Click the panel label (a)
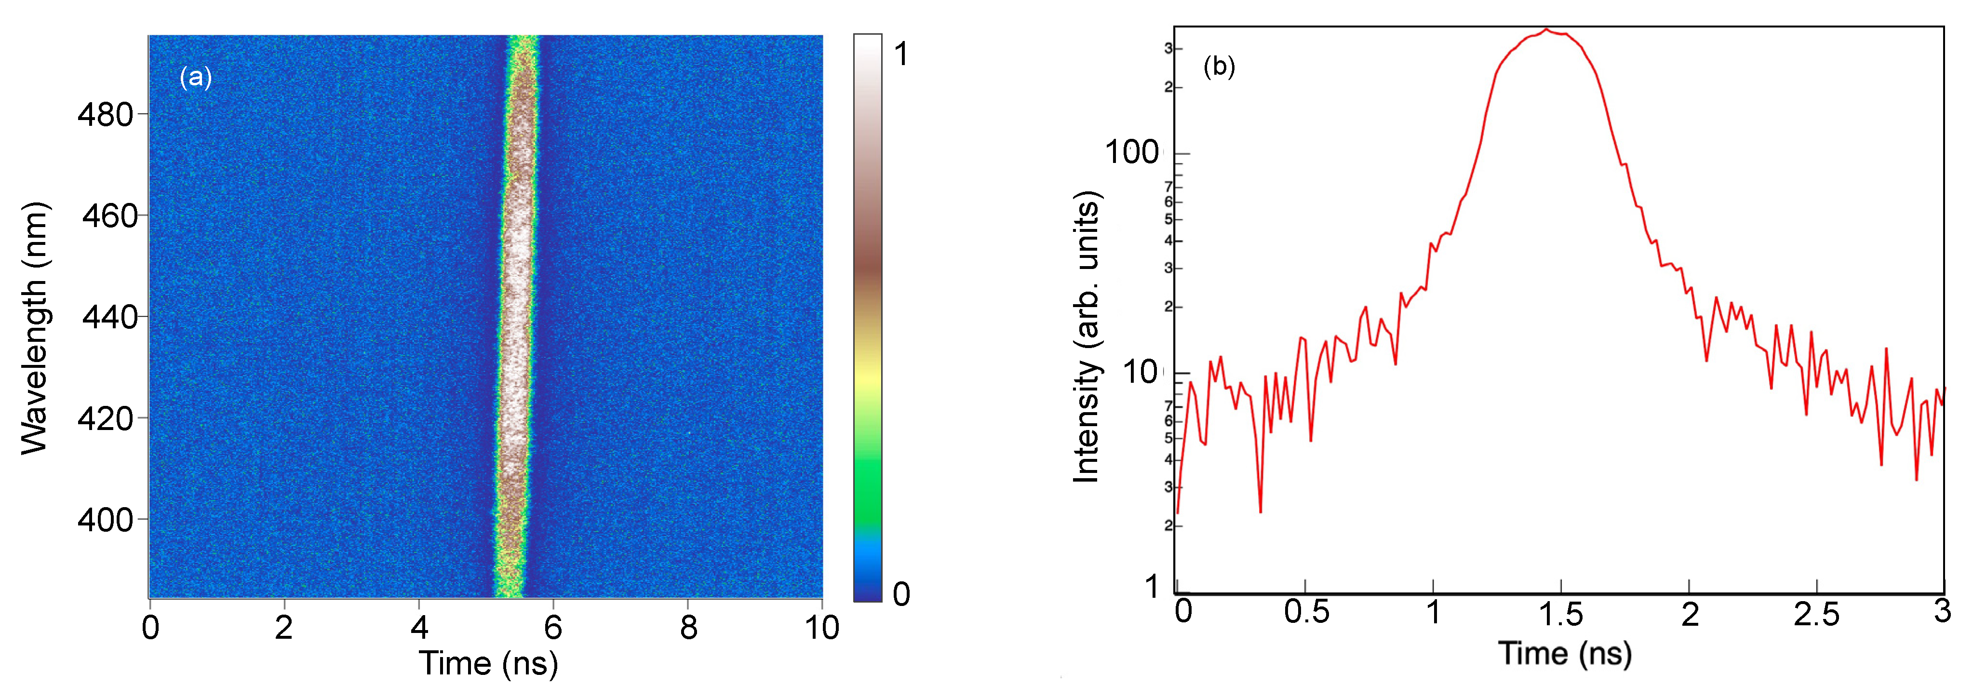tap(195, 77)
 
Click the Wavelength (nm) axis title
tap(35, 329)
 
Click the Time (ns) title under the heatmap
tap(488, 663)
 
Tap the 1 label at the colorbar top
tap(901, 54)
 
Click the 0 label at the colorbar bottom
tap(901, 594)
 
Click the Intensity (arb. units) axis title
tap(1086, 337)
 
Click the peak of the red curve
tap(1546, 30)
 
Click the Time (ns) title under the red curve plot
tap(1565, 654)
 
